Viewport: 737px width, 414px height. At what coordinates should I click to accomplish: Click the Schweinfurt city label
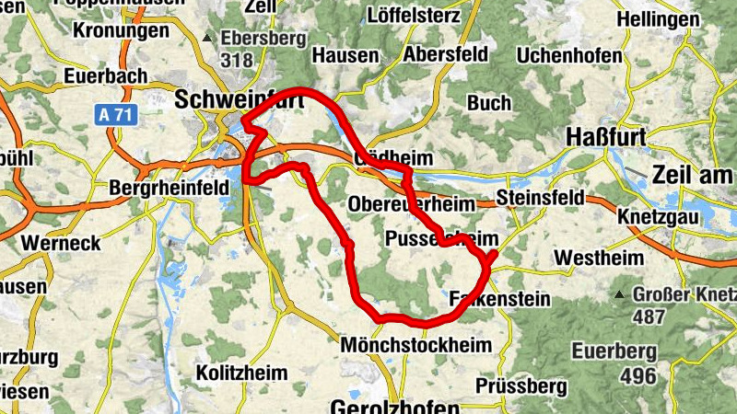(x=239, y=98)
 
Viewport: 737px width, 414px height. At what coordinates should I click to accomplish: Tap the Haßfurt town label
(x=604, y=135)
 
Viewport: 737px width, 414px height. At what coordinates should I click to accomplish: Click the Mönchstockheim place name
(x=416, y=344)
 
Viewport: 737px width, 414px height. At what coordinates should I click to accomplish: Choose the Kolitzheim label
(x=241, y=373)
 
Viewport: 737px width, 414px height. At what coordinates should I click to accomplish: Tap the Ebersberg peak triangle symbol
(x=209, y=39)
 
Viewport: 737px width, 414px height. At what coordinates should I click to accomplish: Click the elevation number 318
(x=236, y=60)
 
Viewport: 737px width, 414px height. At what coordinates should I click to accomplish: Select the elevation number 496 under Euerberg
(x=638, y=375)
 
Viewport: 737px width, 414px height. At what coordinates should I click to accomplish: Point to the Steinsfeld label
(x=540, y=198)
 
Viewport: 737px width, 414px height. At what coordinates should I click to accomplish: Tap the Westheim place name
(x=600, y=258)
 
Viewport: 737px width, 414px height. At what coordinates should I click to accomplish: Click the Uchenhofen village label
(x=569, y=56)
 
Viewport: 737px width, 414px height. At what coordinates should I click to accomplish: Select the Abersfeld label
(x=445, y=53)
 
